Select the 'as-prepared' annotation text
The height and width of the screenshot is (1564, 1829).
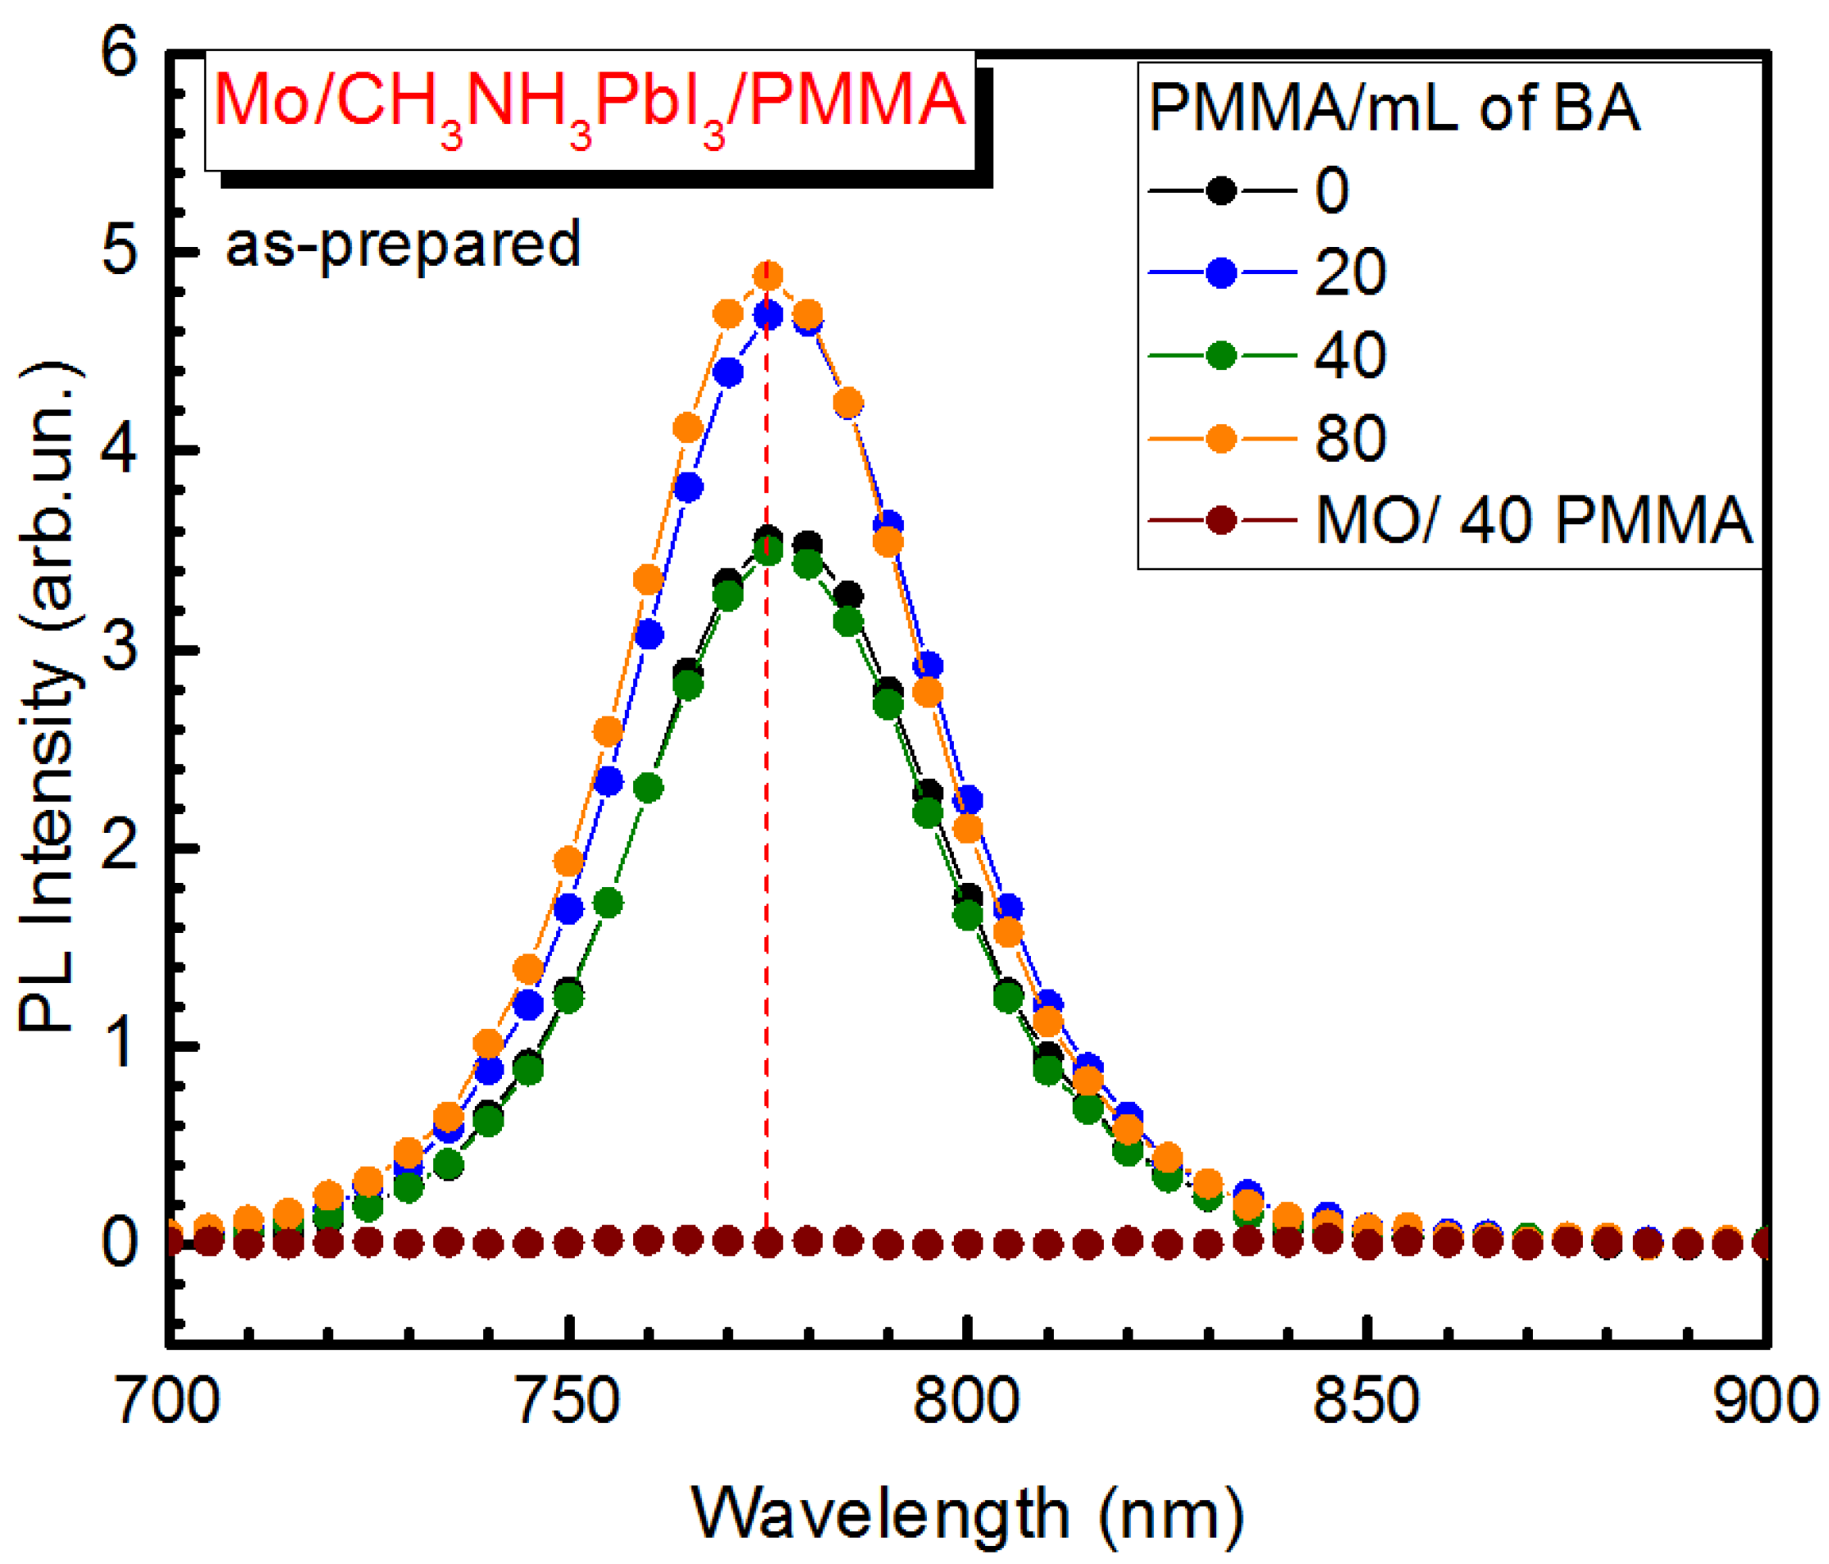403,245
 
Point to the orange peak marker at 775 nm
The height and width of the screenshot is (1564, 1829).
768,276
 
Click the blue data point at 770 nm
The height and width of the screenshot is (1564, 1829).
727,373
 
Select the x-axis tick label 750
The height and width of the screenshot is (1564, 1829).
568,1401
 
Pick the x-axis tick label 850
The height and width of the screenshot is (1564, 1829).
1366,1401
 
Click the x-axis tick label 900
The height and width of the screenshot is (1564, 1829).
1763,1401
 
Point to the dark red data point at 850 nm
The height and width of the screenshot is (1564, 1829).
1367,1245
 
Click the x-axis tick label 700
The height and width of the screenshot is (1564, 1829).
167,1401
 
